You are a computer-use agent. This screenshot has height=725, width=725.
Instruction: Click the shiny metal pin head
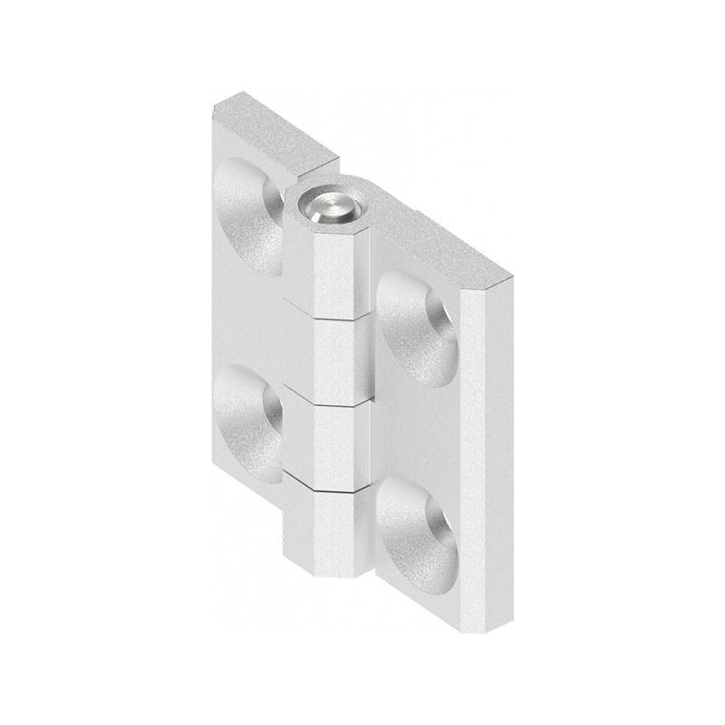[330, 206]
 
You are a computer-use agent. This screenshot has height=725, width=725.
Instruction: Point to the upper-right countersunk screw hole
[418, 327]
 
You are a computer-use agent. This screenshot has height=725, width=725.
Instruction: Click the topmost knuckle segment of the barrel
[342, 272]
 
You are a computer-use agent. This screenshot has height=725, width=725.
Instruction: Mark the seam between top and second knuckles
[342, 317]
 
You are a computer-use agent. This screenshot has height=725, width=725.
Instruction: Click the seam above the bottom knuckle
[337, 488]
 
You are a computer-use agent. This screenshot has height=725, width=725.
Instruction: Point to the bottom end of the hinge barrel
[331, 573]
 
